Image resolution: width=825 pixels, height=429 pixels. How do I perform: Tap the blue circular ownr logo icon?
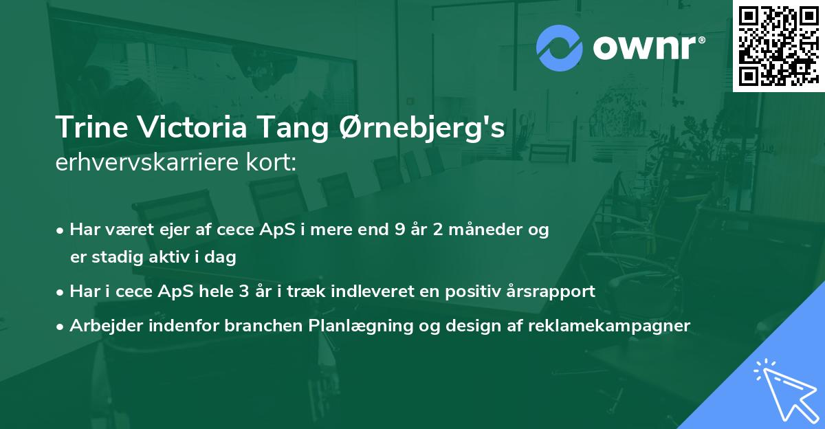560,48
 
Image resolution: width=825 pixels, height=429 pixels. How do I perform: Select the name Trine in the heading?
87,129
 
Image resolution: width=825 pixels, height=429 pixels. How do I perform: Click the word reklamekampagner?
609,326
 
